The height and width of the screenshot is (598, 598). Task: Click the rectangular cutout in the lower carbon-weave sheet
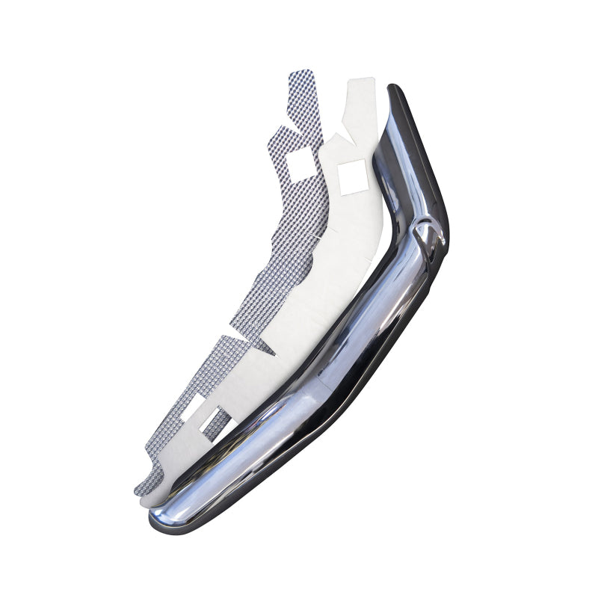coord(192,407)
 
